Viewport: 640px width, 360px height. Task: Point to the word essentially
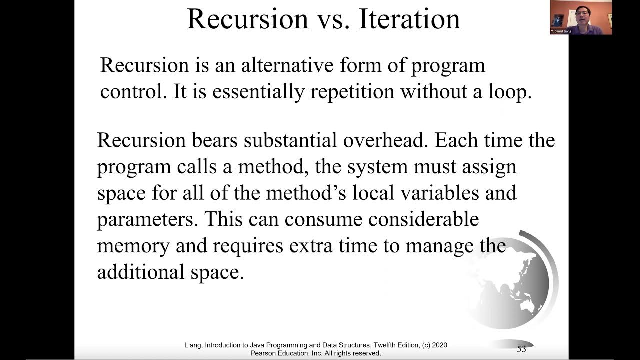tap(254, 92)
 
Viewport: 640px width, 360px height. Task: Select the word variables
tap(429, 193)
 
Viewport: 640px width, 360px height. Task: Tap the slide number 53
tap(521, 349)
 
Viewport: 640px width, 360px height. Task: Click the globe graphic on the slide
tap(510, 282)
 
